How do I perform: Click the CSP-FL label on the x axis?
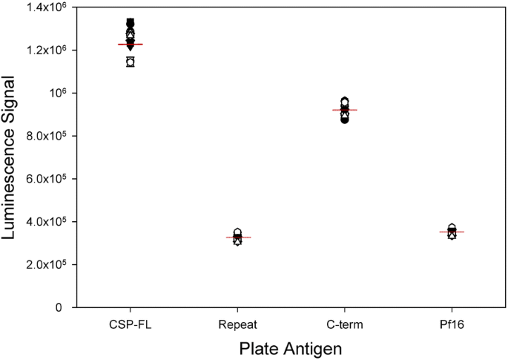point(130,324)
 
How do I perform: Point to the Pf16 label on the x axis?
point(452,324)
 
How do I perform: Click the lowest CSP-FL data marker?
point(130,62)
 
